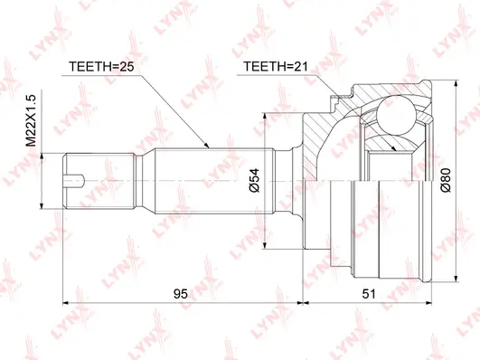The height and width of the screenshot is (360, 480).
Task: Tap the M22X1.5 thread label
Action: click(x=31, y=123)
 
